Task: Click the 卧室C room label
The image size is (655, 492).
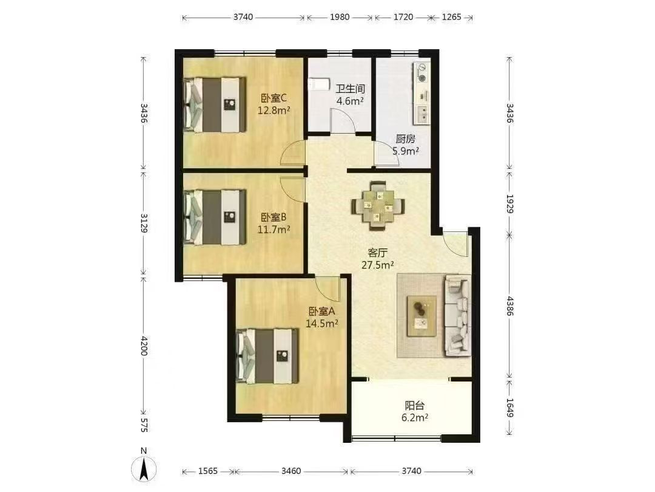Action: click(274, 98)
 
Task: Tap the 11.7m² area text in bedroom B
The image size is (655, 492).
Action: click(274, 229)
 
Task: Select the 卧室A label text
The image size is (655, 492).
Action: click(321, 311)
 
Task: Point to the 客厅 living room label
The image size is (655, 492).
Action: click(378, 253)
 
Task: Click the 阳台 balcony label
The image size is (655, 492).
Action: click(415, 405)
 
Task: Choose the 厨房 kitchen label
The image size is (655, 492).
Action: click(406, 139)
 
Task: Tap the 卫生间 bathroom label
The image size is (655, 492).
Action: click(351, 89)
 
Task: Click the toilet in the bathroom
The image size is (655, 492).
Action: click(317, 84)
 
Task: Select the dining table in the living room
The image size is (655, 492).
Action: click(378, 205)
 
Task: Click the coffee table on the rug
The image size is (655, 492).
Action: click(422, 316)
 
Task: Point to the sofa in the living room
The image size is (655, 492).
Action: click(457, 315)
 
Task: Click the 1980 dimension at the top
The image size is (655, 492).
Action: click(340, 17)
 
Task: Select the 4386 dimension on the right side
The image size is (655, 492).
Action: click(509, 306)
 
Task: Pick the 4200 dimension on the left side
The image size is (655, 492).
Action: click(144, 346)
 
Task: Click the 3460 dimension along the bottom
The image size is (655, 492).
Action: click(291, 471)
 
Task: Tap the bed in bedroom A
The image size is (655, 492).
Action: click(267, 356)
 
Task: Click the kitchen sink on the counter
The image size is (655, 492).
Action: click(423, 114)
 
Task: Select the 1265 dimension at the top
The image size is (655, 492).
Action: click(452, 17)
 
